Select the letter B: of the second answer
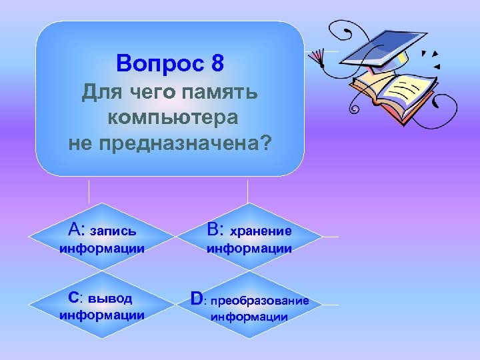tap(215, 230)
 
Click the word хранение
tap(261, 231)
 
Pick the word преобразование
tap(261, 301)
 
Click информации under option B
tap(249, 249)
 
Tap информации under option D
tap(249, 317)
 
